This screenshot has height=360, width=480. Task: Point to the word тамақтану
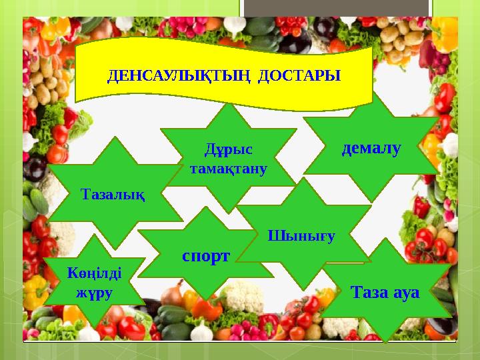point(229,169)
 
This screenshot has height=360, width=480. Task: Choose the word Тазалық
point(113,194)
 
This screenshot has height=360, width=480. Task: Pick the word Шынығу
point(301,235)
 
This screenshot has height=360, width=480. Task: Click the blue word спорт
point(206,255)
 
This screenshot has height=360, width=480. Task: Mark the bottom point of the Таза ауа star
point(385,341)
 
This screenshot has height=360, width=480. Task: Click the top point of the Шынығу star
point(304,178)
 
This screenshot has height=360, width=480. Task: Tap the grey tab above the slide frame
point(336,7)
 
